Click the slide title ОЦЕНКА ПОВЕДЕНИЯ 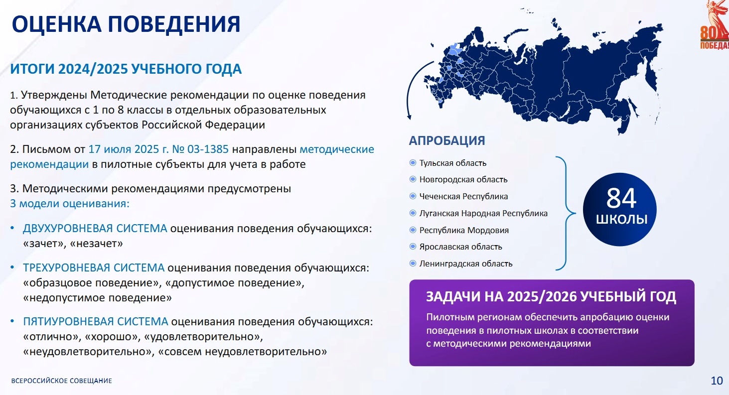(126, 24)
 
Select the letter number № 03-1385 (200, 149)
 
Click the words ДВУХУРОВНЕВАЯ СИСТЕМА (95, 229)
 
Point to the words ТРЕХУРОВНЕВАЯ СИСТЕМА (94, 268)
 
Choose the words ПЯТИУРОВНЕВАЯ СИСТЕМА (95, 321)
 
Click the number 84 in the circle (621, 198)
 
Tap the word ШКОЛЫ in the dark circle (621, 219)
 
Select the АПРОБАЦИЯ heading (447, 140)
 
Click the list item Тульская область (452, 163)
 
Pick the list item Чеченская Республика (463, 197)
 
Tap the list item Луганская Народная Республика (483, 214)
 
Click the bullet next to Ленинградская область (413, 263)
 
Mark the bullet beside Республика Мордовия (413, 230)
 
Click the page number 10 (717, 381)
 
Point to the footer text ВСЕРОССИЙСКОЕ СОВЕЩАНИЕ (61, 381)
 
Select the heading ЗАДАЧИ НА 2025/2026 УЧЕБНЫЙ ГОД (551, 297)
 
